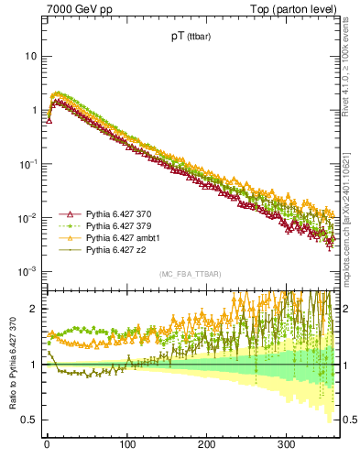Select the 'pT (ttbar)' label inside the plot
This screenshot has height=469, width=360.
click(x=188, y=38)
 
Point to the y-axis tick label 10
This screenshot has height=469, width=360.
click(x=31, y=56)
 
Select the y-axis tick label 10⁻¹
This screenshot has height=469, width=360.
click(x=29, y=163)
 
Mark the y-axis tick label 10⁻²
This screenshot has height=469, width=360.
click(x=29, y=217)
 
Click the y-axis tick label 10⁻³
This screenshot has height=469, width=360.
click(x=29, y=271)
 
